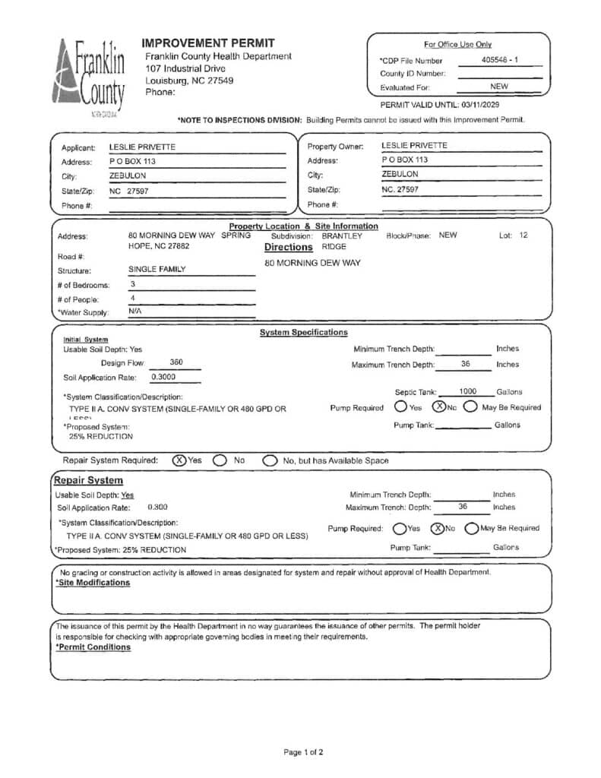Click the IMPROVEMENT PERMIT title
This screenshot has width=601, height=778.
(207, 43)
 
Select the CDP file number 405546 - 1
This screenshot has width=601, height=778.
(500, 59)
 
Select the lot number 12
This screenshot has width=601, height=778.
(523, 236)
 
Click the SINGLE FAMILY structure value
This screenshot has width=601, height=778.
(157, 269)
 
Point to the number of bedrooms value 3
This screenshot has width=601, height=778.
(132, 283)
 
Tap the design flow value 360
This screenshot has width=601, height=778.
(176, 362)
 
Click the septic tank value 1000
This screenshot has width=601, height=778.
(468, 391)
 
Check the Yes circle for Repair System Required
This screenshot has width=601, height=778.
(179, 460)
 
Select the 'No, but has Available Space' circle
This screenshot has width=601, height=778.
(270, 460)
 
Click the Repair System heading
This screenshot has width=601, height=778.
(88, 480)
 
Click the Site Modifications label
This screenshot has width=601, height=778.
(93, 583)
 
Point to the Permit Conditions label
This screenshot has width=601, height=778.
(93, 647)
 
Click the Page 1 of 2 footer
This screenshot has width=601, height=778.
(303, 752)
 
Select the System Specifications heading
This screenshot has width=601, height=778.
(303, 332)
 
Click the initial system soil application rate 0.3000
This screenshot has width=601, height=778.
(163, 376)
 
